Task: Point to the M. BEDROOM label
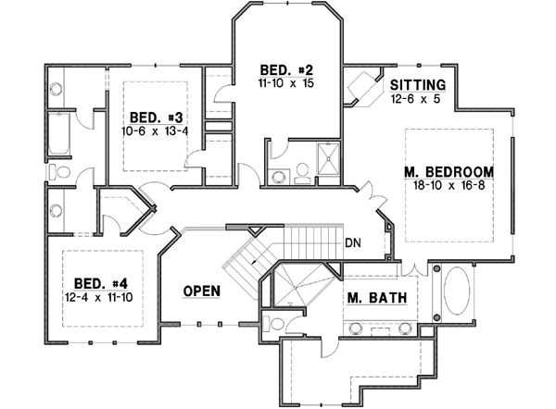(449, 172)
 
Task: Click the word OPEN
(201, 291)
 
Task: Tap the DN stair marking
(352, 244)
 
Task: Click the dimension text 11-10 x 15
(286, 83)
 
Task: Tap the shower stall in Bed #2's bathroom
(328, 155)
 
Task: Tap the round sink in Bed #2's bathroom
(277, 178)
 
